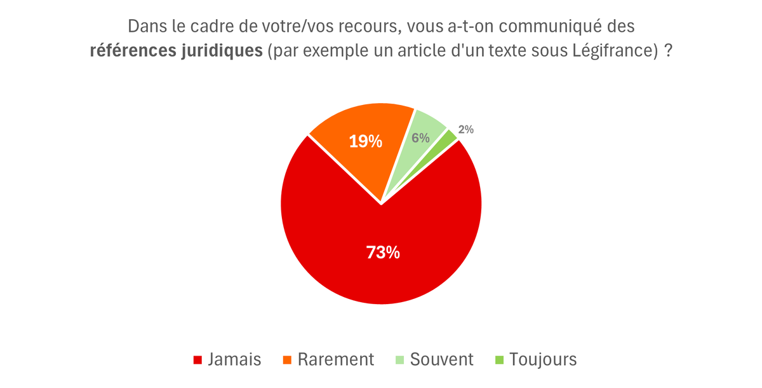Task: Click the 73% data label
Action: point(383,253)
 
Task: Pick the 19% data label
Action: point(366,141)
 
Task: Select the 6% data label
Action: point(420,137)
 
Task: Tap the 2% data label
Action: point(466,129)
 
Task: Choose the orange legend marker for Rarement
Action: point(287,360)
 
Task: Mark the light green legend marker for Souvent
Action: point(400,360)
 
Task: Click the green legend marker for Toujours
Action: point(500,360)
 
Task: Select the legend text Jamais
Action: point(234,359)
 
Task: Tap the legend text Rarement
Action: point(336,359)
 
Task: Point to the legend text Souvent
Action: point(442,359)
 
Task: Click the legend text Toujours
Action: point(544,359)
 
